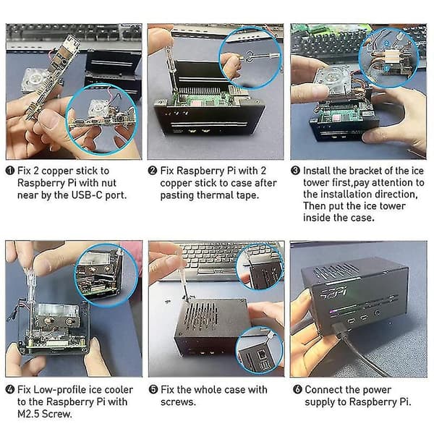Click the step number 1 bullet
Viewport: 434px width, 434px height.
(x=9, y=171)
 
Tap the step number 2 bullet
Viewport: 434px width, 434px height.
(x=153, y=171)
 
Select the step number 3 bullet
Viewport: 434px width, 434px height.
(x=295, y=171)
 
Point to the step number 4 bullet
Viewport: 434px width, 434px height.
(x=10, y=389)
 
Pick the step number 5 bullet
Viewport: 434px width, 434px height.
(x=153, y=389)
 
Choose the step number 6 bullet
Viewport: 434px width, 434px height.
(x=297, y=389)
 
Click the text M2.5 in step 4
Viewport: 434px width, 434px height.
(x=28, y=414)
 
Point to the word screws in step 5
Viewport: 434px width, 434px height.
(x=178, y=402)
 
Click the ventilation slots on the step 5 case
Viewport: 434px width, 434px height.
(x=200, y=314)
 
